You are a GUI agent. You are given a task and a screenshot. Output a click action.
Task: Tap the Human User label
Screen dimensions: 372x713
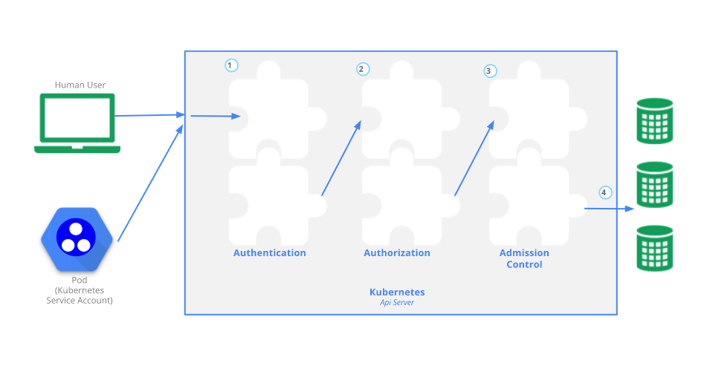pos(80,85)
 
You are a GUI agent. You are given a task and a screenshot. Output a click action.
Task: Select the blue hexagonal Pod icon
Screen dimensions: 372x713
pos(74,239)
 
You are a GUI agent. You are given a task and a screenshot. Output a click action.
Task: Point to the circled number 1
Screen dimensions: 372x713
pos(231,65)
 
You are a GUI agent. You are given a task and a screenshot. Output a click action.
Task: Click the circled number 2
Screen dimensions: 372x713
pos(361,69)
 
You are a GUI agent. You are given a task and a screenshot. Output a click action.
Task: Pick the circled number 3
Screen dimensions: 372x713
pos(488,71)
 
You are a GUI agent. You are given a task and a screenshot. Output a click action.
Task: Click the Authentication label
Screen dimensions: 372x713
pos(269,253)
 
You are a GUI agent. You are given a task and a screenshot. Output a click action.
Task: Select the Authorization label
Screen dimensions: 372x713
pos(397,253)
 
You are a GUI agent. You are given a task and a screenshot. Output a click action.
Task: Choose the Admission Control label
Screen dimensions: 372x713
pos(524,258)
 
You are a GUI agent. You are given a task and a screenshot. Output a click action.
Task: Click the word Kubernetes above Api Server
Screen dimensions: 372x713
pos(397,293)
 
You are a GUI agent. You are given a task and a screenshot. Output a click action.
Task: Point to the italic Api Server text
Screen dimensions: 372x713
pos(397,303)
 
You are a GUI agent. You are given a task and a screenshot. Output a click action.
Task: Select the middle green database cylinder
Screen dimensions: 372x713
pos(655,184)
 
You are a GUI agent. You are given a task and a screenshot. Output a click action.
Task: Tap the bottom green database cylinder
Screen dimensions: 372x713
pos(655,248)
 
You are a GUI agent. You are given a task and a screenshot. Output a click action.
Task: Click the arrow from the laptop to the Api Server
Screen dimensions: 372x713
pos(149,116)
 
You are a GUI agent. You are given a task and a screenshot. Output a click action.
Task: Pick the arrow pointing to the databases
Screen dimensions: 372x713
pos(608,209)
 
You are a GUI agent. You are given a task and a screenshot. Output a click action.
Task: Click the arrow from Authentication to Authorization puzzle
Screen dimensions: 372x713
pos(341,159)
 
